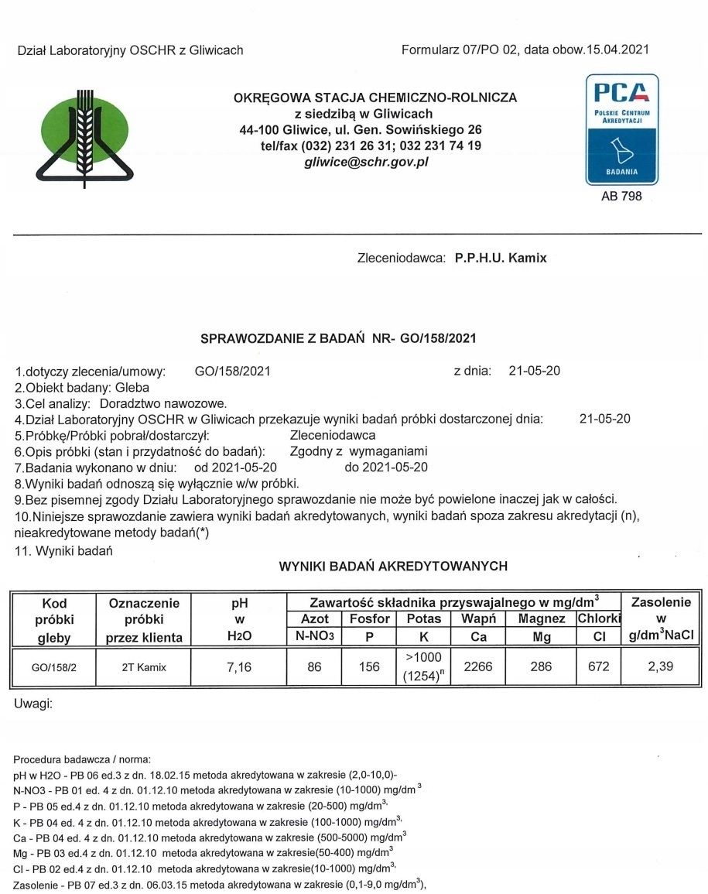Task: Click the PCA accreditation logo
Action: click(x=621, y=128)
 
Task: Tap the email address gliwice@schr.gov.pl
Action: click(x=366, y=163)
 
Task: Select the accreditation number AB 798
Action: click(x=621, y=197)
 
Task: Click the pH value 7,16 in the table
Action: click(x=240, y=665)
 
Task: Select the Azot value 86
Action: click(x=314, y=665)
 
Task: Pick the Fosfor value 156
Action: click(x=369, y=665)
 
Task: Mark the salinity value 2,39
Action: click(x=661, y=665)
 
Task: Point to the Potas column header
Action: click(x=422, y=618)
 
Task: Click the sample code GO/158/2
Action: click(x=53, y=666)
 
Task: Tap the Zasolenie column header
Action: click(x=661, y=601)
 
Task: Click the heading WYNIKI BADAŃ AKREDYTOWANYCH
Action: click(x=393, y=566)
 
